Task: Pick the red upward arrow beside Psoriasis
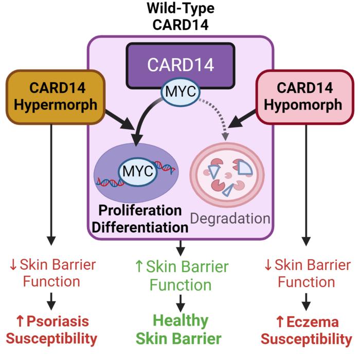[20, 321]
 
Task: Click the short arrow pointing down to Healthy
[180, 302]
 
